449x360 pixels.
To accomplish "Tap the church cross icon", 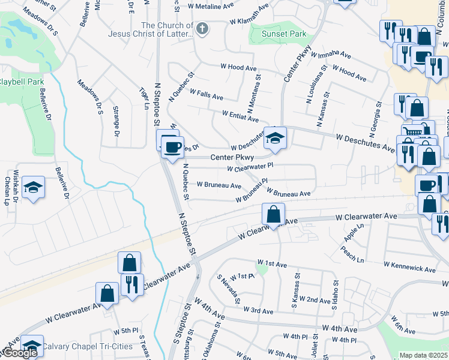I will pos(203,28).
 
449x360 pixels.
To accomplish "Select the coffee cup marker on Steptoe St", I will pos(173,147).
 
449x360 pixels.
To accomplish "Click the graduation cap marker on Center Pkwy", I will pos(276,139).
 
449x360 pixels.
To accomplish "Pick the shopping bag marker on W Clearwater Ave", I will pos(273,214).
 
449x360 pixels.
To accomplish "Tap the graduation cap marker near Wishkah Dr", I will pos(34,188).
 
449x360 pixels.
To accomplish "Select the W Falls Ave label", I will pos(206,94).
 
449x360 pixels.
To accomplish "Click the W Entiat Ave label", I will pos(240,115).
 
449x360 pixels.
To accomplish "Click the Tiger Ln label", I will pos(143,98).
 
